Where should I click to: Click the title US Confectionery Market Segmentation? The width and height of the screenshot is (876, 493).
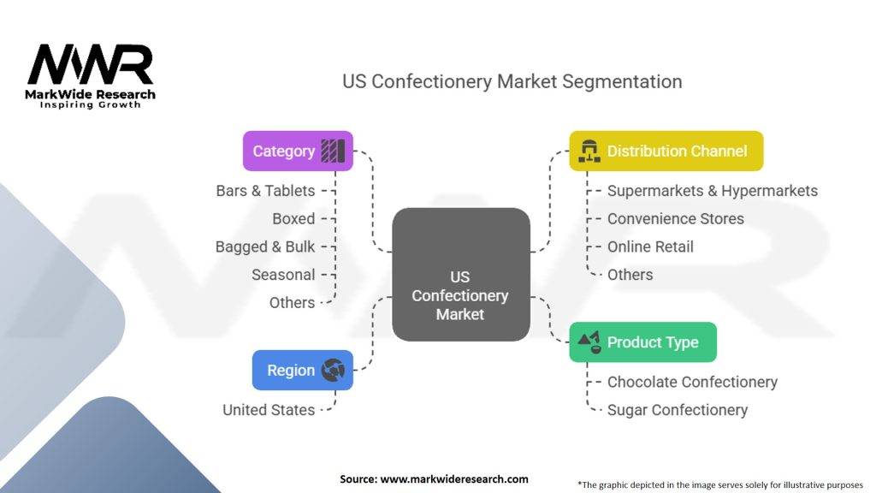[x=512, y=82]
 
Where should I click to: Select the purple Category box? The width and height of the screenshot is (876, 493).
[x=298, y=151]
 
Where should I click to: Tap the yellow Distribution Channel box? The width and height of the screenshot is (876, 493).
[x=666, y=151]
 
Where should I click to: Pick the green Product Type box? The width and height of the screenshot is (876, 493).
[x=642, y=342]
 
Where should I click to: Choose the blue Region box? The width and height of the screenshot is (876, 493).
[x=302, y=371]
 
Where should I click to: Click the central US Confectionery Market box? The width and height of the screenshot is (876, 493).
[x=460, y=295]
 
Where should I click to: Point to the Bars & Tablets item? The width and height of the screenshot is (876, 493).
[x=265, y=191]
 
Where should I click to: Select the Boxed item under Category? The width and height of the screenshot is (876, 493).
[x=293, y=219]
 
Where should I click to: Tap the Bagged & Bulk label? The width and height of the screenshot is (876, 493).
[x=265, y=247]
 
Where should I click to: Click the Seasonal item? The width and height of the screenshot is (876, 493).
[x=283, y=275]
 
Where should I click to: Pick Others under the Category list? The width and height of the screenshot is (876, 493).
[x=292, y=303]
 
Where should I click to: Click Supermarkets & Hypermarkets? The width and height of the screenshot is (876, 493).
[x=712, y=191]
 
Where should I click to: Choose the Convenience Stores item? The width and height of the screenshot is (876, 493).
[x=675, y=219]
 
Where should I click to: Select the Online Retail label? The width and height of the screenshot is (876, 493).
[x=650, y=247]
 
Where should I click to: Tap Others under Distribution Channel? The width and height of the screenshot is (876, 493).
[x=630, y=275]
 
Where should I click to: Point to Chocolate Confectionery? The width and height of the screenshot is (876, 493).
[x=692, y=382]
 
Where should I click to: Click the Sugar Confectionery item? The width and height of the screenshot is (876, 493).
[x=677, y=410]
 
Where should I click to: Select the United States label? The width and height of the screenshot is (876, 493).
[x=269, y=410]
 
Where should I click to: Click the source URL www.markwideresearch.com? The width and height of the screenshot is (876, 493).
[x=453, y=479]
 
